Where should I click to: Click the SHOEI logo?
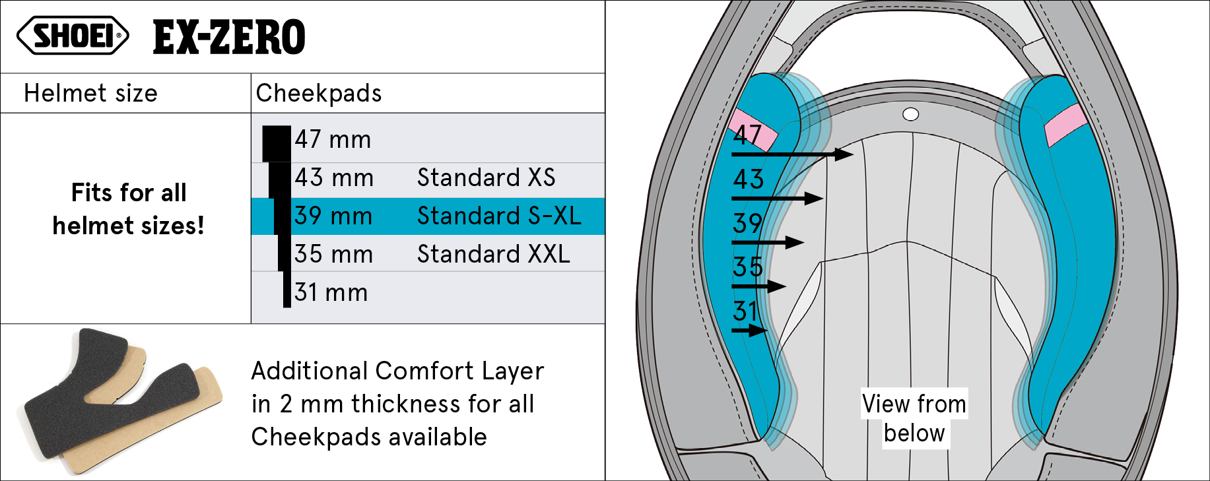pyautogui.click(x=73, y=36)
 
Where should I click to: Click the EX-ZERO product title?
pyautogui.click(x=229, y=37)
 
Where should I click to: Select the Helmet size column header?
pyautogui.click(x=91, y=94)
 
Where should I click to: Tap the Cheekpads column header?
pyautogui.click(x=319, y=94)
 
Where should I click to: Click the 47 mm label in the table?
pyautogui.click(x=333, y=140)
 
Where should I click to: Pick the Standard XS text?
pyautogui.click(x=487, y=177)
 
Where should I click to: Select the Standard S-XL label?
pyautogui.click(x=499, y=216)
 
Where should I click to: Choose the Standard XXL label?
pyautogui.click(x=494, y=254)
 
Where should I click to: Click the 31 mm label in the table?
pyautogui.click(x=331, y=292)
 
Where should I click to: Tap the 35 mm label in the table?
pyautogui.click(x=334, y=254)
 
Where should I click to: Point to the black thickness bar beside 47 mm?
pyautogui.click(x=277, y=144)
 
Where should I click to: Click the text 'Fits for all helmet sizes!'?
pyautogui.click(x=129, y=209)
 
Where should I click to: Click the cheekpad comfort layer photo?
pyautogui.click(x=123, y=401)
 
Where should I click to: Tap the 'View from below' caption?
pyautogui.click(x=914, y=418)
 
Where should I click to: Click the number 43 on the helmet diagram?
pyautogui.click(x=749, y=179)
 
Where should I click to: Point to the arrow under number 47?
pyautogui.click(x=792, y=154)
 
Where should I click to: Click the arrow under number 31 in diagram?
pyautogui.click(x=749, y=330)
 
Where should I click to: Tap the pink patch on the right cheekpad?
pyautogui.click(x=1065, y=124)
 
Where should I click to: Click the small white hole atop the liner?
pyautogui.click(x=911, y=115)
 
